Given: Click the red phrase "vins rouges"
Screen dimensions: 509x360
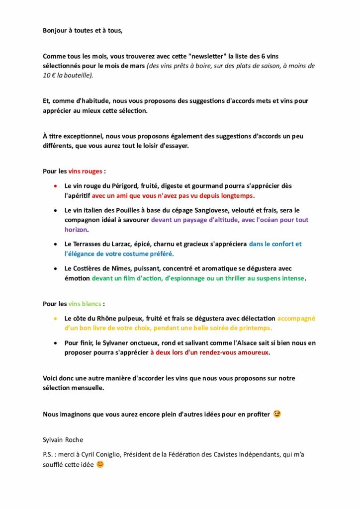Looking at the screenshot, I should pos(86,171).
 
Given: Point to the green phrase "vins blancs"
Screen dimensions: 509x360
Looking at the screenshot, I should pos(85,304).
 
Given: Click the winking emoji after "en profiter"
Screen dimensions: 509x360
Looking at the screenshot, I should pos(277,414).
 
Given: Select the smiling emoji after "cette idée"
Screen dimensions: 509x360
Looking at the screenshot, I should pos(100,465).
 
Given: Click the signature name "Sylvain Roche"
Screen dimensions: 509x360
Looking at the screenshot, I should pos(63,440).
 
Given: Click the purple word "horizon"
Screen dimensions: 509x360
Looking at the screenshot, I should pos(76,230).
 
